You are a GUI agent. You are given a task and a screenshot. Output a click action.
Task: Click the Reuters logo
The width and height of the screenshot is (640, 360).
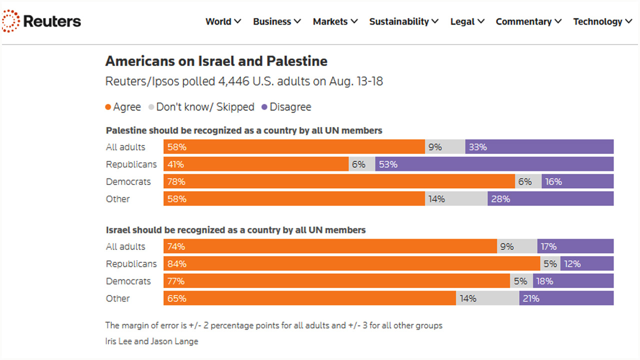point(41,21)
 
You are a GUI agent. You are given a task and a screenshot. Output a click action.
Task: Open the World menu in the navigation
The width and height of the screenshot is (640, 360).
point(223,21)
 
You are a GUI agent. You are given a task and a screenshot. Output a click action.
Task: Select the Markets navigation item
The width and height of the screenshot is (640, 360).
point(335,21)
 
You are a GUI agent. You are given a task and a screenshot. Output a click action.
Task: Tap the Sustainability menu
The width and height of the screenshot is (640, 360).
point(403,21)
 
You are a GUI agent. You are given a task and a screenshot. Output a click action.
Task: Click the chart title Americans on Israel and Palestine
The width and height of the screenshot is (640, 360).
point(216,61)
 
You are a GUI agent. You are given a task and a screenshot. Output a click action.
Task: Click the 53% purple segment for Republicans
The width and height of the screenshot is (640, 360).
point(494,164)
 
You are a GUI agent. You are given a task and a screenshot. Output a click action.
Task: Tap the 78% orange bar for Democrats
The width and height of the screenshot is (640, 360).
point(339,181)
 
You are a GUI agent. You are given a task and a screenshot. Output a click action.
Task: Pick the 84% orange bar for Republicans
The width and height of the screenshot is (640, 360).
point(351,264)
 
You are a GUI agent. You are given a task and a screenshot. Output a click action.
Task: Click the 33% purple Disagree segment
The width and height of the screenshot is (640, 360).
point(539,147)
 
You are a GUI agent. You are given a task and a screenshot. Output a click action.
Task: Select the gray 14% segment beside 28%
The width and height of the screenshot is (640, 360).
point(456,199)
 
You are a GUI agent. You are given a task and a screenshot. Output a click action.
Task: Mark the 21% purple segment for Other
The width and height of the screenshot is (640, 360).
point(566,298)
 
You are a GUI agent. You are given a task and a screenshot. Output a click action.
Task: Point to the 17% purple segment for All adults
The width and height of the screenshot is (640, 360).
point(575,246)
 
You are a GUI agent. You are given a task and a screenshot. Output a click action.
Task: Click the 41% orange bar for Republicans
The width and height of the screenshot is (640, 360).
point(256,164)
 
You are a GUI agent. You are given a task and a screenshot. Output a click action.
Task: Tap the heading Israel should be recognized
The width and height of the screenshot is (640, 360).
point(235,230)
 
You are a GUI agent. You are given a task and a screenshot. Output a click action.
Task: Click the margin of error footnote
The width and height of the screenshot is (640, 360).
point(273,325)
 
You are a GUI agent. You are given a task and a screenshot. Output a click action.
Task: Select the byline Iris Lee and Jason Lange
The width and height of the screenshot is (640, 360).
point(151,341)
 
